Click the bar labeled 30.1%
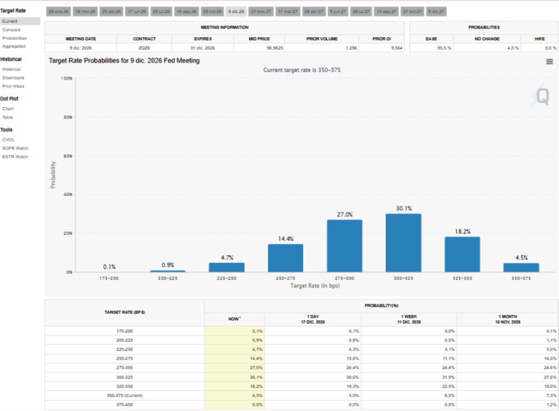coord(403,243)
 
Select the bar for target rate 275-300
coord(344,245)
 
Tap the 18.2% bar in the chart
coord(462,254)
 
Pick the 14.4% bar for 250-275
coord(285,258)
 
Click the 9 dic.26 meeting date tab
coord(236,11)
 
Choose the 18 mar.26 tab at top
coord(85,11)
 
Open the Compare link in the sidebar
coord(11,29)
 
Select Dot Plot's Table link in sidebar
coord(7,117)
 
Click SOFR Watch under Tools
coord(15,148)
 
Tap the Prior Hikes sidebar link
coord(13,86)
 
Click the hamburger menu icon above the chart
coord(549,62)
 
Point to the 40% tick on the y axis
coord(67,194)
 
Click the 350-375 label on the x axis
coord(521,278)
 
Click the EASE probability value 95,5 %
coord(444,48)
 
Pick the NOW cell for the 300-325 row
coord(234,377)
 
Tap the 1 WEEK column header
coord(409,319)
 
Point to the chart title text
coord(124,61)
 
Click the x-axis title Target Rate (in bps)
coord(315,285)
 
